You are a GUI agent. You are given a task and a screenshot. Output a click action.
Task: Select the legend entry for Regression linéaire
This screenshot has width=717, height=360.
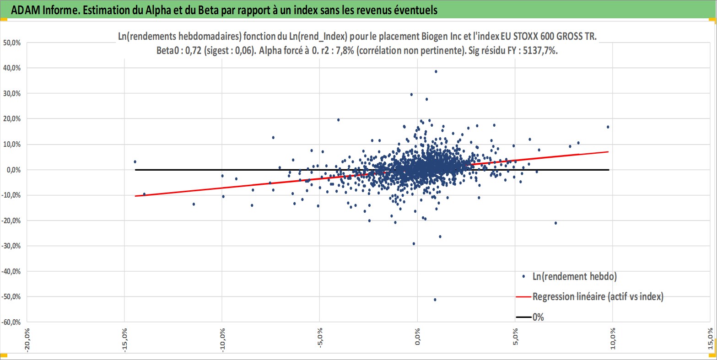[598, 297]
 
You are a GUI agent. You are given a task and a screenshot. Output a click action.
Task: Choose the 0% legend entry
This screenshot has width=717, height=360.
[538, 317]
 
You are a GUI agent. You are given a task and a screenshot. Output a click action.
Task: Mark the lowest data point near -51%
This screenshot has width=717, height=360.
[435, 300]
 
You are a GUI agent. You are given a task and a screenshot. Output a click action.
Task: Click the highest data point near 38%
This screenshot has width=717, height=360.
[436, 71]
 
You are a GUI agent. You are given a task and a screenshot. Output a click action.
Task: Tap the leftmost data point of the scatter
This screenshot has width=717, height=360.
[135, 161]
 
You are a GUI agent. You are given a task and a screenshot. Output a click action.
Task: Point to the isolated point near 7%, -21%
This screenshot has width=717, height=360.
[555, 223]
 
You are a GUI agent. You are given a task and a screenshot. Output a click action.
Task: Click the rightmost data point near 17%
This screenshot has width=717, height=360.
[608, 127]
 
